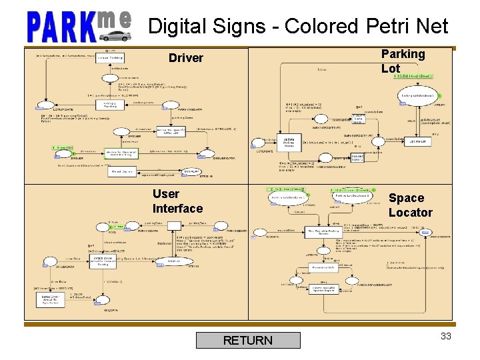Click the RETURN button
248,340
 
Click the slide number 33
446,336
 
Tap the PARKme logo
79,26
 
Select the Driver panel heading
185,58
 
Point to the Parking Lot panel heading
403,61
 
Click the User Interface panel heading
177,201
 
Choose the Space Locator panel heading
410,205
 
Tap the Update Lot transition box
416,141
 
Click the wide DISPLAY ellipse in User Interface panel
157,261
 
